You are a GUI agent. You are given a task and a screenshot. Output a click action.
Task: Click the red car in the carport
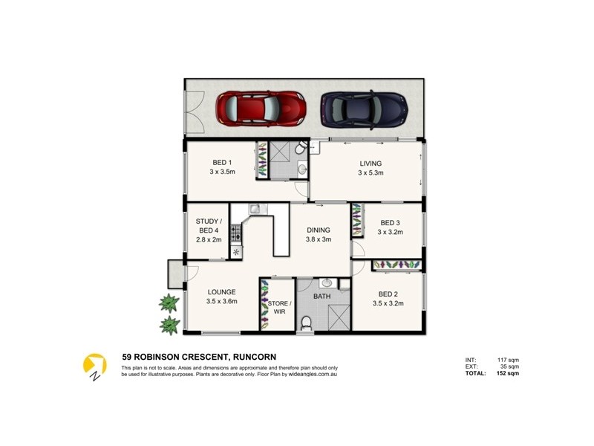point(261,109)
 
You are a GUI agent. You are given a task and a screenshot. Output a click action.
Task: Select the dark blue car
point(364,109)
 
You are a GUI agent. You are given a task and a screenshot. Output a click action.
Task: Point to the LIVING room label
point(371,164)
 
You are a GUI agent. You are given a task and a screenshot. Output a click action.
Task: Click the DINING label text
point(319,230)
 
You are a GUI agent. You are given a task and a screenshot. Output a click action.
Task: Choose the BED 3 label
point(391,222)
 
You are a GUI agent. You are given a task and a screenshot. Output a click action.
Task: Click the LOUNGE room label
point(221,292)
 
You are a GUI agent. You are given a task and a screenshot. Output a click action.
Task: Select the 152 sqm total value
point(508,373)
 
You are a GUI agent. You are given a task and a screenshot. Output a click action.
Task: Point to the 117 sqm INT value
point(508,359)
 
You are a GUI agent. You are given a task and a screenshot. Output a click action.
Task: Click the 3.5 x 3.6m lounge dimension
point(221,302)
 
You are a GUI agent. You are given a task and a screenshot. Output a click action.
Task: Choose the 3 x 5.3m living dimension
point(371,173)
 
